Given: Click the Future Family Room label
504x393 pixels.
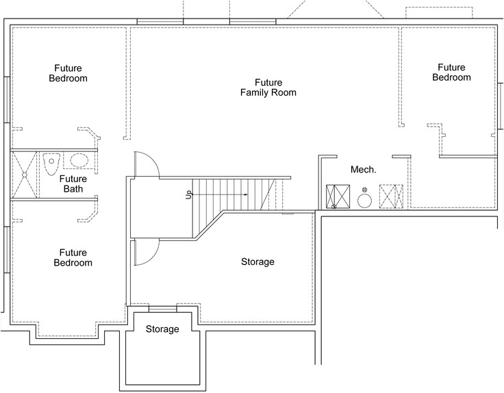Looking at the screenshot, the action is point(268,88).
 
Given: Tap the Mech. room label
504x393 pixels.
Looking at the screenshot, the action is point(363,169).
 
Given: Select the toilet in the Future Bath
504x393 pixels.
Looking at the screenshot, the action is point(51,164).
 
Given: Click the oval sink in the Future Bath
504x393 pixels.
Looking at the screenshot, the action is point(79,160).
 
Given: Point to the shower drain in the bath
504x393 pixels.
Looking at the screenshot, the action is point(25,175).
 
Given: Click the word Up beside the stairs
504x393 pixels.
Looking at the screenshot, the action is point(189,194).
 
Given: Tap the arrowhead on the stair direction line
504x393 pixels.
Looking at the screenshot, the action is point(246,194).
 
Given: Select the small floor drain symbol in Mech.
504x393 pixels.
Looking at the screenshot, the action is point(364,190).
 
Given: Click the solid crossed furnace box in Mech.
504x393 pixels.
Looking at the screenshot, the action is point(338,196).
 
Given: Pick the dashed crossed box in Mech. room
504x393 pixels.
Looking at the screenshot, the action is point(391,196).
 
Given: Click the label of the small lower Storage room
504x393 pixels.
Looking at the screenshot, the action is point(162,329).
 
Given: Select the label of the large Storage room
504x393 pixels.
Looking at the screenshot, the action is point(257,262).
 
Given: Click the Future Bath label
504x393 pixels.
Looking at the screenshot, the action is point(73,183).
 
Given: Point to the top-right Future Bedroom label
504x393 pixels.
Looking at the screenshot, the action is point(451,73).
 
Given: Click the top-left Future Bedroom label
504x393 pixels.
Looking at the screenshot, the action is point(68,73).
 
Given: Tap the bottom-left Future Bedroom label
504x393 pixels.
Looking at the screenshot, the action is point(73,257).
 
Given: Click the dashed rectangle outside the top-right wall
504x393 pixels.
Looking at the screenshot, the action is point(439,12).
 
